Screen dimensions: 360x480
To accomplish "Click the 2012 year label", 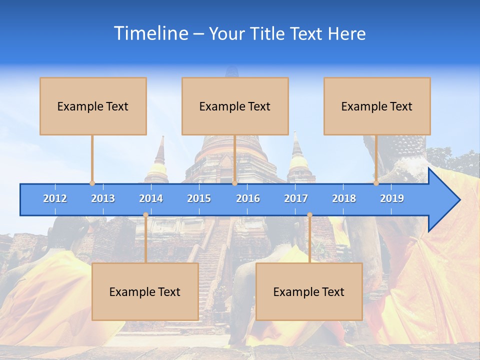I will click(x=55, y=198).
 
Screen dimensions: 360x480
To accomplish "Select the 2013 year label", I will click(x=103, y=198).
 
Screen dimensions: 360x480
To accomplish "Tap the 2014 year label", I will click(x=151, y=198).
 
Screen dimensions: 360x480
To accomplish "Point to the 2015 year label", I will click(x=199, y=198).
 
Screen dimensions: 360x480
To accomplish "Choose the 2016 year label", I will click(x=248, y=198).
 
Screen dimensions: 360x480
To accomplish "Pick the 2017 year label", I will click(x=296, y=198).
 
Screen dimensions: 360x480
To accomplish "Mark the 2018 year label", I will click(x=344, y=198).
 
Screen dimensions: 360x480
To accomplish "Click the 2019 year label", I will click(x=392, y=198).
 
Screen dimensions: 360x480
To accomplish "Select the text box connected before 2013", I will click(x=93, y=106).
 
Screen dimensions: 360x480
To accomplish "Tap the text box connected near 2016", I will click(x=235, y=106).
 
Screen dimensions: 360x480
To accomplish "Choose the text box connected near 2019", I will click(x=377, y=106).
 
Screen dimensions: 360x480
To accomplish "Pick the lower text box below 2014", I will click(x=145, y=291).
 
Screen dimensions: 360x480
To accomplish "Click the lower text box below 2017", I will click(x=309, y=291).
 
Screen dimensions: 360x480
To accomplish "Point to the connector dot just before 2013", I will click(x=92, y=183).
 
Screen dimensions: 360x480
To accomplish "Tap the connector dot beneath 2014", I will click(x=145, y=215).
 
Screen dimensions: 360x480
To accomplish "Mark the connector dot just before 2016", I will click(x=234, y=183).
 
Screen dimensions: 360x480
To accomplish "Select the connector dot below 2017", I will click(x=309, y=215).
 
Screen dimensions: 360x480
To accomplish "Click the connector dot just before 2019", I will click(x=376, y=183).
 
